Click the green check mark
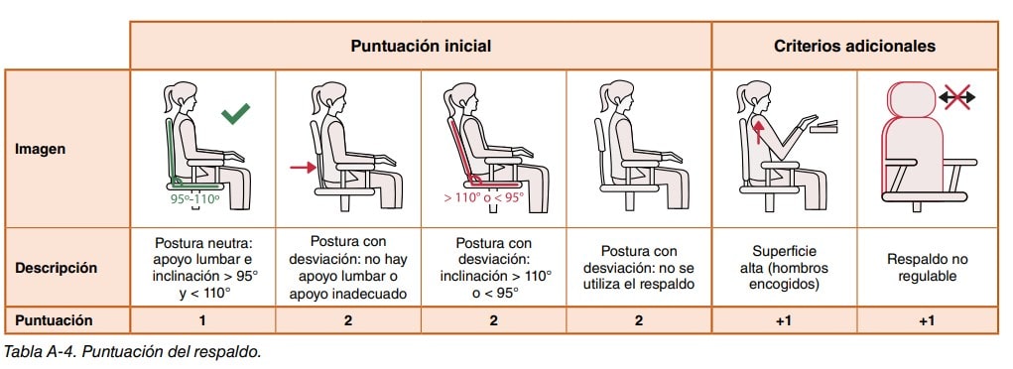pos(235,114)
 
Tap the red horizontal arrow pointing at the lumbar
pos(303,168)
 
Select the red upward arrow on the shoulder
pos(758,129)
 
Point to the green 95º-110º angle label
pos(194,199)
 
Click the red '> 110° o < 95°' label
pos(484,197)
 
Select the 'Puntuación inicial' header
pos(421,47)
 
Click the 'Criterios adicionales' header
pos(854,47)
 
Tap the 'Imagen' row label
pos(40,149)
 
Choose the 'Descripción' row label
pos(56,268)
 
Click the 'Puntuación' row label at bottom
pos(54,320)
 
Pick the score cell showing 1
pos(202,320)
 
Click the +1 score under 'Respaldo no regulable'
pos(927,320)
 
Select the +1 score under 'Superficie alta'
pos(784,320)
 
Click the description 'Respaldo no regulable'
pos(927,268)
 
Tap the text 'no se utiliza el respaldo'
pos(638,276)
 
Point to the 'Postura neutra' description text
pos(202,245)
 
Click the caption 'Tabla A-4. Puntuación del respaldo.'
pos(132,352)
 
